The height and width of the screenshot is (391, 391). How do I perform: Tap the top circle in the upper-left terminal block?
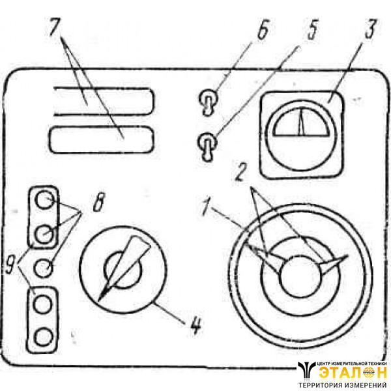[44, 199]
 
